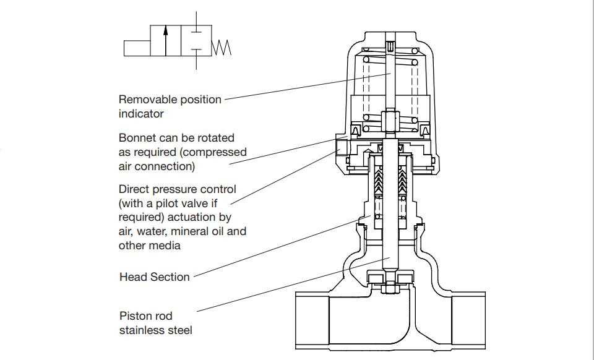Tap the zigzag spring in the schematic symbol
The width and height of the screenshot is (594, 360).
[x=222, y=48]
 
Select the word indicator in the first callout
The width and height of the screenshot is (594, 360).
[x=141, y=114]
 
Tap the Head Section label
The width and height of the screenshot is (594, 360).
[x=154, y=276]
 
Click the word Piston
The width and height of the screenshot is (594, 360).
[x=137, y=315]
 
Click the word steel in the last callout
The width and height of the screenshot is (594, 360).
[x=180, y=330]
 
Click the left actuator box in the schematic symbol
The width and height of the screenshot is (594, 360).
[x=137, y=48]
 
